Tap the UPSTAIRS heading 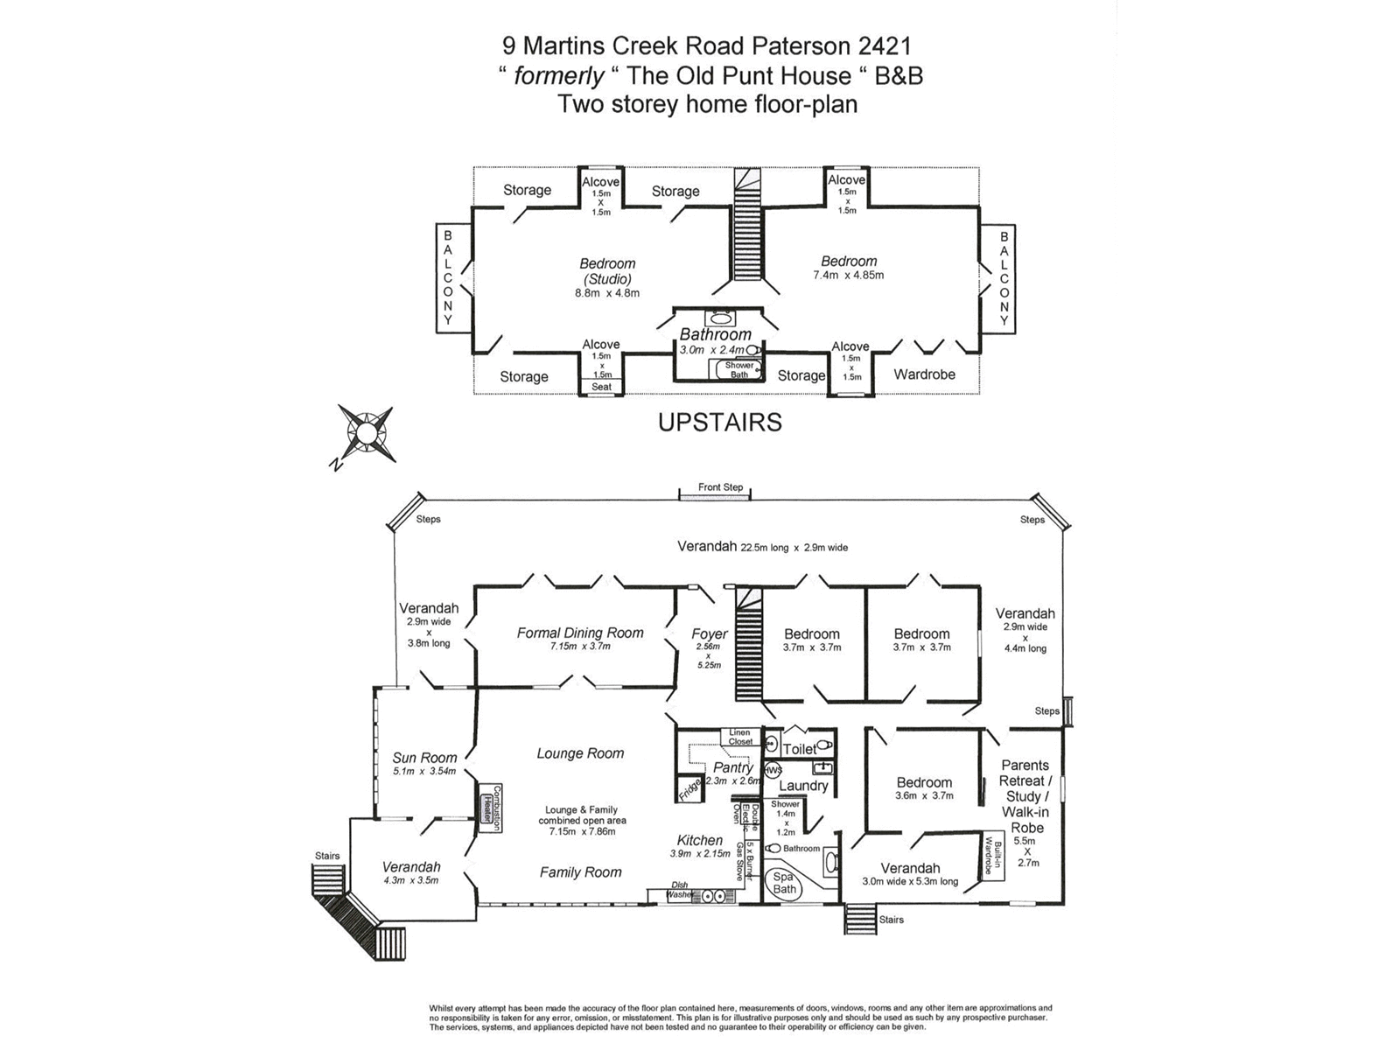point(719,423)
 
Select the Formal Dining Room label point(579,633)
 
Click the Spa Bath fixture point(784,883)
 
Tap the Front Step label point(720,487)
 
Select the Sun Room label point(424,758)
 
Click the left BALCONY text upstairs point(448,277)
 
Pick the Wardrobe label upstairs point(924,374)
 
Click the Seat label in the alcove point(601,387)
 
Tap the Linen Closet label point(740,737)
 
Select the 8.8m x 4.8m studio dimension point(607,293)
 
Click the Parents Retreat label point(1025,773)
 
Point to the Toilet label point(799,749)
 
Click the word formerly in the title point(558,76)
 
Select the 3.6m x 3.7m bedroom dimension point(924,796)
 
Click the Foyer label point(710,633)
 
